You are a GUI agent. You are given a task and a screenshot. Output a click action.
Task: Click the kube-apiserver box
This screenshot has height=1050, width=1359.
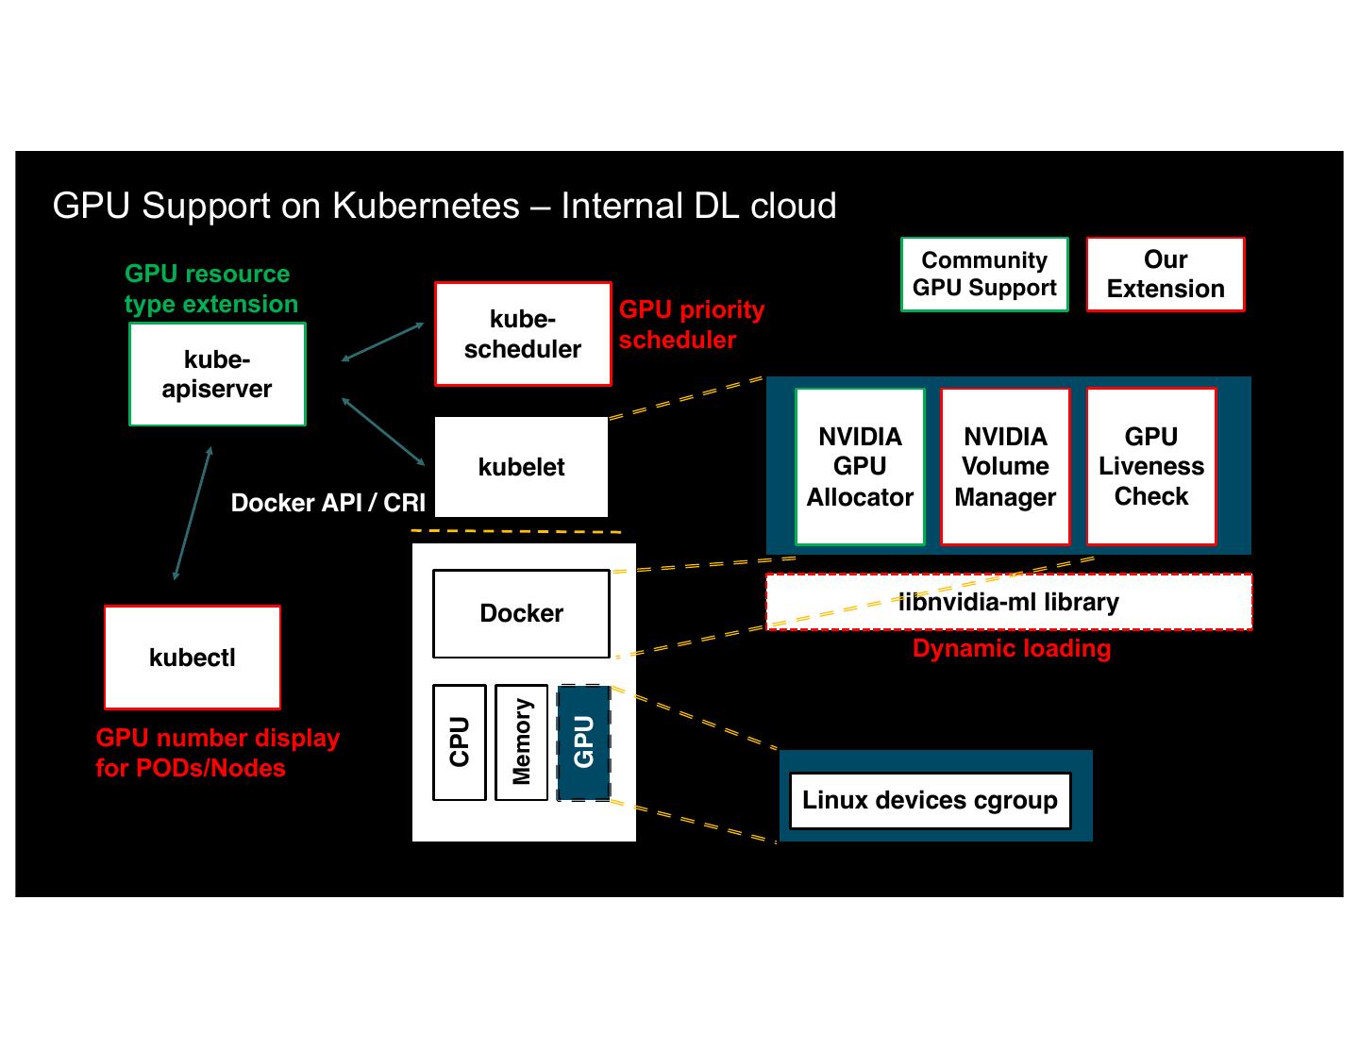tap(217, 375)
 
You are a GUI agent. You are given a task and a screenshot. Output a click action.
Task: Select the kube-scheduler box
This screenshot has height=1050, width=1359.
tap(523, 334)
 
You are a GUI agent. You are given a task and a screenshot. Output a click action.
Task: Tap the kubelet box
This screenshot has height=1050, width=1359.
tap(521, 467)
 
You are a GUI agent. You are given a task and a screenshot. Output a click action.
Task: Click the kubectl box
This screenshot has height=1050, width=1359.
tap(193, 658)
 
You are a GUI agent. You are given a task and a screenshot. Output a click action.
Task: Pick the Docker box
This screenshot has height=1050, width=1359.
tap(521, 613)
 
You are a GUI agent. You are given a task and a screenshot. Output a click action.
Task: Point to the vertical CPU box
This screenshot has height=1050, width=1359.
tap(460, 742)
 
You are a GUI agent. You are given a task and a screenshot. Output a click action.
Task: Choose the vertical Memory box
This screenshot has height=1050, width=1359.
tap(521, 742)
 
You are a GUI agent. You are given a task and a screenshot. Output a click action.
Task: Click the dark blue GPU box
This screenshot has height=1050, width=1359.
tap(583, 742)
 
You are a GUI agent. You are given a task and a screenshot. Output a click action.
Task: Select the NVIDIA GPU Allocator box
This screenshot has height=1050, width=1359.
tap(860, 467)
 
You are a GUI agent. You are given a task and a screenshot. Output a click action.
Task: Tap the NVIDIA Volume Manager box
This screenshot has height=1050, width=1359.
tap(1005, 467)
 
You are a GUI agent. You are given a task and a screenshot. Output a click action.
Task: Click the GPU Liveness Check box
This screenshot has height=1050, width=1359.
tap(1150, 467)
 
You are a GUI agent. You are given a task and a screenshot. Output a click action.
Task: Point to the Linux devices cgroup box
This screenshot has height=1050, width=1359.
tap(930, 801)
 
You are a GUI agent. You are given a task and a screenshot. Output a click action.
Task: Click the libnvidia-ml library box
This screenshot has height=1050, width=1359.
tap(1009, 602)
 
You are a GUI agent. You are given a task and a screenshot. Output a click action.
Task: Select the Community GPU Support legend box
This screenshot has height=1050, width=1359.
tap(984, 275)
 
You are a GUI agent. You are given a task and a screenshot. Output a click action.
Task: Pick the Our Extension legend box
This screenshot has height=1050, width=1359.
tap(1166, 275)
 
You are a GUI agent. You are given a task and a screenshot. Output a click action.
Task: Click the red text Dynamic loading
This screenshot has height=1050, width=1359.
tap(1012, 649)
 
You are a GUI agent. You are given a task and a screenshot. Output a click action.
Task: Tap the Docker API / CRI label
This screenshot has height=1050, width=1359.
tap(328, 503)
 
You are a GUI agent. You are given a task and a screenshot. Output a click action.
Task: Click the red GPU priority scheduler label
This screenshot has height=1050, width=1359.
tap(691, 325)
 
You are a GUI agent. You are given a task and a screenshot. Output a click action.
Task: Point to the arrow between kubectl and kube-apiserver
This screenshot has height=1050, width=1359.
tap(193, 512)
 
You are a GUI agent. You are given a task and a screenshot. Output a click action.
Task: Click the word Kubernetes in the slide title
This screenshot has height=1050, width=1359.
tap(425, 206)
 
